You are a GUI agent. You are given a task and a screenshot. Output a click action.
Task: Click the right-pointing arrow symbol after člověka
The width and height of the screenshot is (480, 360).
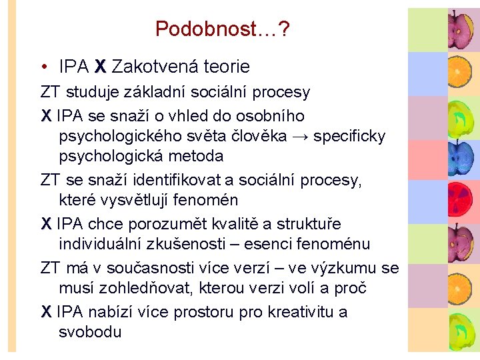[299, 137]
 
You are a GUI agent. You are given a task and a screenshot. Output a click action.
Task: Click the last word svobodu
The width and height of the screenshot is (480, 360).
[90, 331]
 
